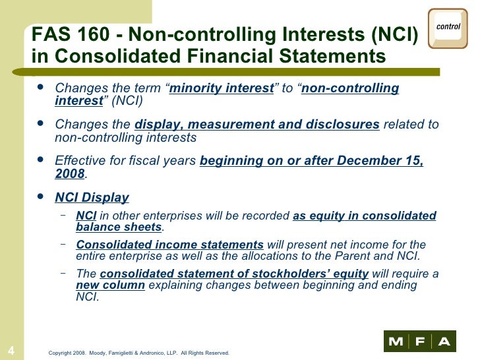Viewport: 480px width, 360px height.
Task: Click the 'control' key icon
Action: tap(448, 28)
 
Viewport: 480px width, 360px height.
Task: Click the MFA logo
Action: tap(419, 341)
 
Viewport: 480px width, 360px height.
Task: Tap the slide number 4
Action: tap(11, 349)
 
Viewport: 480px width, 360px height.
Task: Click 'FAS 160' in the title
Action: tap(63, 35)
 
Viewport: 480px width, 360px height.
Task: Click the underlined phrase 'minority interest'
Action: tap(222, 88)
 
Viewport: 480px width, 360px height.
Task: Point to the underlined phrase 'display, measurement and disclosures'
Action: tap(256, 125)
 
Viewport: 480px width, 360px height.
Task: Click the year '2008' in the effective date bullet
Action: tap(70, 173)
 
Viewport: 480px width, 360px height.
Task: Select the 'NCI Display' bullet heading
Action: tap(92, 197)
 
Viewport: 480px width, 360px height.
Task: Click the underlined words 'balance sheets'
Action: tap(119, 227)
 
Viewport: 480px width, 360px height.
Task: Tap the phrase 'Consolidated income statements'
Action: tap(169, 245)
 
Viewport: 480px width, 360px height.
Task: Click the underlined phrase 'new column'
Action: tap(110, 285)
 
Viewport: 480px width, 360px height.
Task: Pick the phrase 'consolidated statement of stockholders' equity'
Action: tap(234, 274)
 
